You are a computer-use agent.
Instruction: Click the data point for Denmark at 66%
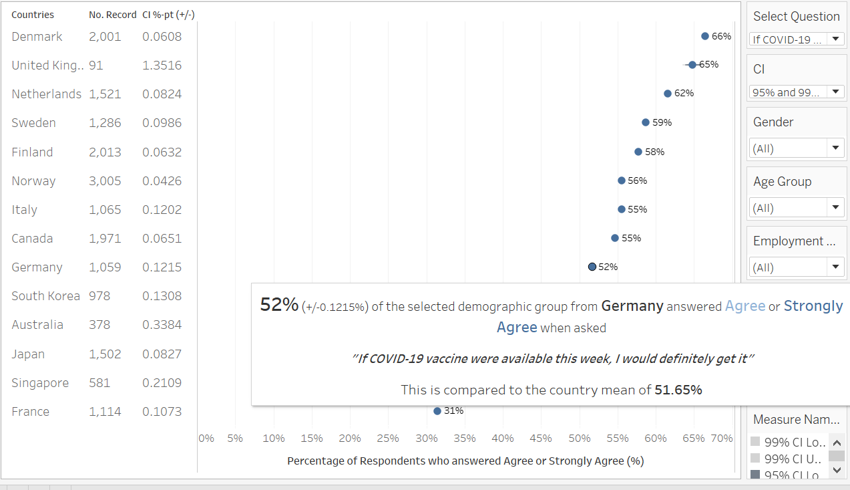click(705, 36)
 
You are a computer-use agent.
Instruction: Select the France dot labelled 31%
click(437, 411)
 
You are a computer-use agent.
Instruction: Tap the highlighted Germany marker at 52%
click(592, 267)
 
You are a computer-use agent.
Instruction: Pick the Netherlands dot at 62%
click(668, 94)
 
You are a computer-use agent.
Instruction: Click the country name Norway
click(33, 181)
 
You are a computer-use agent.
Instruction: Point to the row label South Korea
click(45, 296)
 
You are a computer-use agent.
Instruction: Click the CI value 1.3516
click(162, 66)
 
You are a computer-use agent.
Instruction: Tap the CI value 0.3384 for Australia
click(162, 325)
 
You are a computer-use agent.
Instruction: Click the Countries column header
click(33, 15)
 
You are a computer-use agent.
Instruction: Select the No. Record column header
click(110, 15)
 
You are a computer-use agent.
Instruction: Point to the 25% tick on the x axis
click(388, 439)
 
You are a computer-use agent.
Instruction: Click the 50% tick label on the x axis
click(580, 439)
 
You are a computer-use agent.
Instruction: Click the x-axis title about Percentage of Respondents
click(465, 461)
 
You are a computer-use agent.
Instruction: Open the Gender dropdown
click(797, 148)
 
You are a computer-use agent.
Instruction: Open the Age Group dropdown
click(797, 208)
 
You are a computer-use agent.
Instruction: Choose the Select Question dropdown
click(797, 39)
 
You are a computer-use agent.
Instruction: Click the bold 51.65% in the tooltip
click(678, 390)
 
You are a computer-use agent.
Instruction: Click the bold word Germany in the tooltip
click(632, 306)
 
